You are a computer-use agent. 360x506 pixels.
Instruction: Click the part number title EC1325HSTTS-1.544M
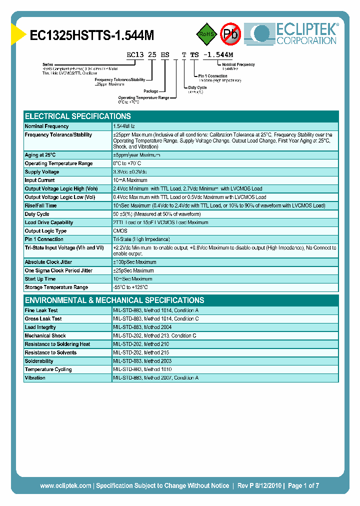(92, 35)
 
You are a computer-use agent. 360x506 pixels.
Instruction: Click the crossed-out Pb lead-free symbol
(230, 33)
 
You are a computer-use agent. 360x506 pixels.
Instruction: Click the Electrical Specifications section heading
(78, 116)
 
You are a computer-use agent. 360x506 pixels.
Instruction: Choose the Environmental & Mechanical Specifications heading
(114, 300)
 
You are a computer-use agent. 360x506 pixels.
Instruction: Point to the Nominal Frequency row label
(47, 126)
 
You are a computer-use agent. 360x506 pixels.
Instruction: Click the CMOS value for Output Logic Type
(120, 231)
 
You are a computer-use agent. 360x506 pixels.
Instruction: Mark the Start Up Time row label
(40, 279)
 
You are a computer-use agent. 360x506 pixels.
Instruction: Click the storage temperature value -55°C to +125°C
(130, 287)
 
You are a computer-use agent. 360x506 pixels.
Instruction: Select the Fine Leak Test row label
(41, 310)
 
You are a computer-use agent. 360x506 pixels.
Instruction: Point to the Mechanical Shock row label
(45, 336)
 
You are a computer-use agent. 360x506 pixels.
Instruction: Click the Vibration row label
(35, 378)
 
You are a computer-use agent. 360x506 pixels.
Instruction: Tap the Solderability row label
(39, 361)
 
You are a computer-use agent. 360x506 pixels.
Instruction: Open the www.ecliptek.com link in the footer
(65, 485)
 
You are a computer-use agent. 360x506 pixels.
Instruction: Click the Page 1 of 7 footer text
(302, 485)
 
